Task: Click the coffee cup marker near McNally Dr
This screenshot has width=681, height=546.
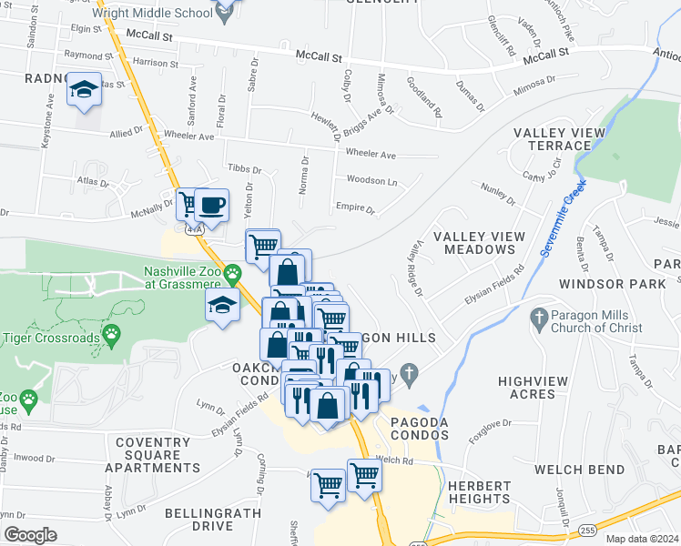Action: tap(211, 205)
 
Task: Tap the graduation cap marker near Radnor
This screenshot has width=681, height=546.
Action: tap(84, 89)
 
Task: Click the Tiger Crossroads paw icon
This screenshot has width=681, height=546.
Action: tap(112, 334)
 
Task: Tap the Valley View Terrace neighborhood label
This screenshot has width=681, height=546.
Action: tap(559, 139)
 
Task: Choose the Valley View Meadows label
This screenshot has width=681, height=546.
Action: tap(479, 243)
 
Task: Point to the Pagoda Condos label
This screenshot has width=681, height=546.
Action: tap(420, 429)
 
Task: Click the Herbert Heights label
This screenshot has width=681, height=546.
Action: tap(479, 492)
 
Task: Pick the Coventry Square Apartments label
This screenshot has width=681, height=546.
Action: tap(152, 455)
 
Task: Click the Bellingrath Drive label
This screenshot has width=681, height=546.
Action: tap(212, 520)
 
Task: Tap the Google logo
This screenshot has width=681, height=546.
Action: tap(29, 535)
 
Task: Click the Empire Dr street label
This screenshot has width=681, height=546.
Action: tap(355, 209)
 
